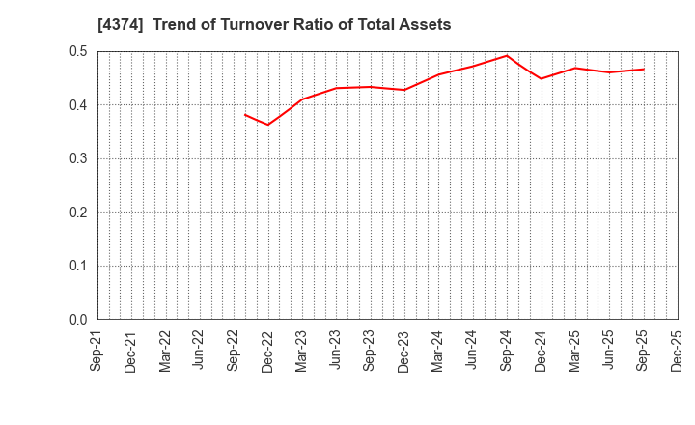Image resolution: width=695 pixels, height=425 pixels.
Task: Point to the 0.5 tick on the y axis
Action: click(78, 51)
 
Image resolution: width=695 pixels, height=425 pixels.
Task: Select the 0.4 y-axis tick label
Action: click(78, 105)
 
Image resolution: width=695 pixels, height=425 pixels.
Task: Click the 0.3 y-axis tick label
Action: click(78, 158)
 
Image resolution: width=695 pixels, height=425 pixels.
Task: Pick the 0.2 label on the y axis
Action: click(78, 212)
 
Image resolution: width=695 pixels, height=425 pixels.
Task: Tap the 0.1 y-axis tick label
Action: click(78, 266)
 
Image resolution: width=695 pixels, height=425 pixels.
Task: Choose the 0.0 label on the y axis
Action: click(78, 320)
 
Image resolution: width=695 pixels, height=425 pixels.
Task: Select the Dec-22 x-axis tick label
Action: click(268, 351)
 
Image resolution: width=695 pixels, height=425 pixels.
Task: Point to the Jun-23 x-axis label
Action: click(336, 351)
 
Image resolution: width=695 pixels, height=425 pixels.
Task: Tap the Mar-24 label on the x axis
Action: click(438, 351)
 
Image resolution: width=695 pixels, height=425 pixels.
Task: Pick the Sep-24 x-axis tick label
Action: click(506, 351)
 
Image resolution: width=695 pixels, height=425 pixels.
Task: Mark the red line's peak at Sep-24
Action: click(506, 55)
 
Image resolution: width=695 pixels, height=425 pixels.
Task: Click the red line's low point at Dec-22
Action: click(268, 125)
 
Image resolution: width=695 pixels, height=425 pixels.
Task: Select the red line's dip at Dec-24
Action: click(541, 79)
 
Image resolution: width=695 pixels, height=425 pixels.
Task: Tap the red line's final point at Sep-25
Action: click(643, 69)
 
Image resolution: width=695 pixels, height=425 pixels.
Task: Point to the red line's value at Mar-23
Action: click(302, 99)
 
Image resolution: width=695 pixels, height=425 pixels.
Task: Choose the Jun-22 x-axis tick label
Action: click(200, 351)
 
